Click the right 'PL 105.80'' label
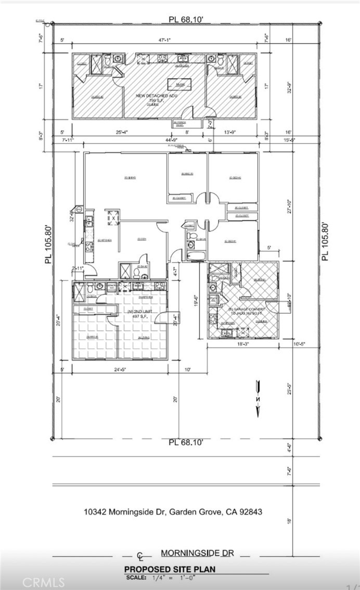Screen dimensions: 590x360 point(326,241)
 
